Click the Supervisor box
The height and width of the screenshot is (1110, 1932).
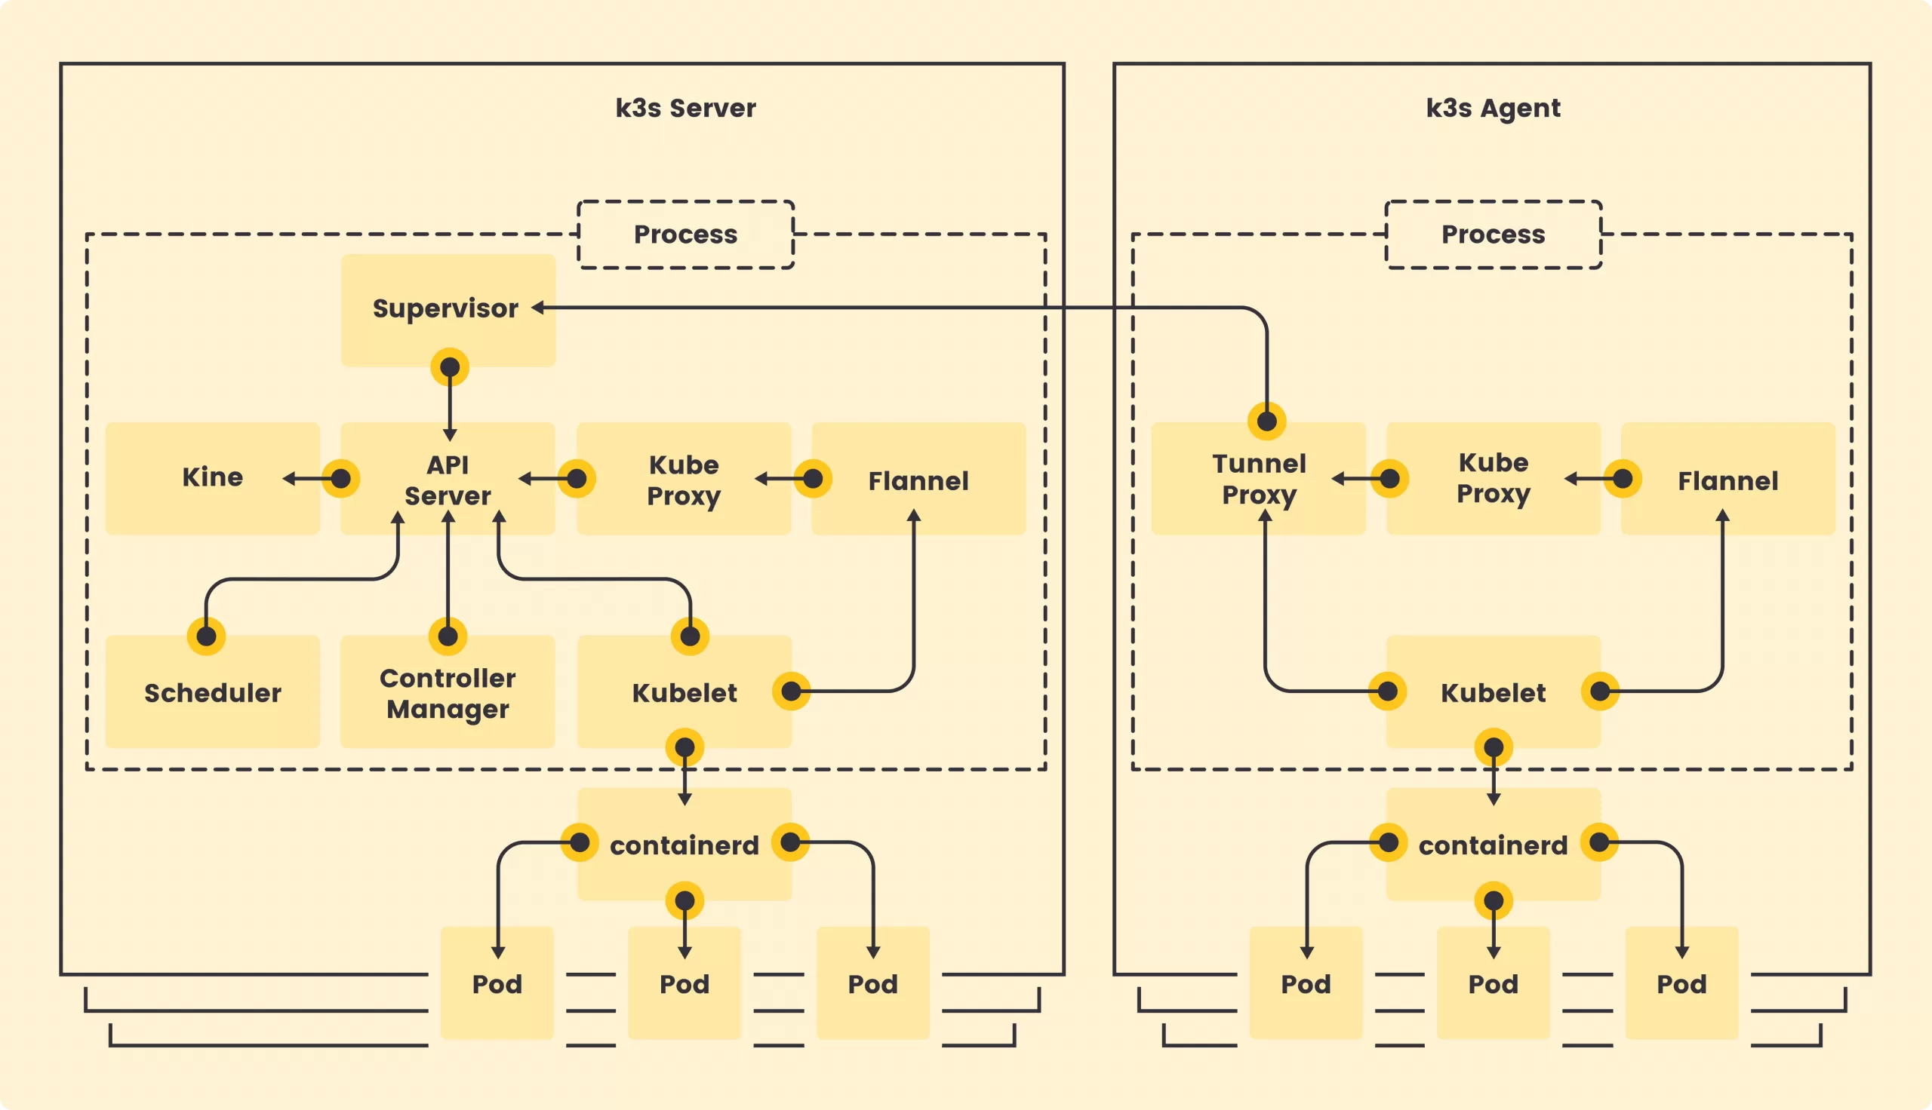tap(448, 308)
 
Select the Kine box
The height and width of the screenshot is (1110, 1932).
tap(212, 478)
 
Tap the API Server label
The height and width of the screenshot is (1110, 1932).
tap(448, 480)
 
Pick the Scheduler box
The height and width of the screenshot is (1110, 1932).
tap(212, 692)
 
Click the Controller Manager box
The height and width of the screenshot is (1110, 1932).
tap(448, 692)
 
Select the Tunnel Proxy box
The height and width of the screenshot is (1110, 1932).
tap(1259, 479)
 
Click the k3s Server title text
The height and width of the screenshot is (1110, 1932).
tap(685, 109)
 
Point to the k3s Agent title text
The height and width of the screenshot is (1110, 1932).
tap(1493, 109)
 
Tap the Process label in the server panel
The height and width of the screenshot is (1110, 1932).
tap(685, 234)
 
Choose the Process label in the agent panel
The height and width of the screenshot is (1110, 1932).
tap(1493, 234)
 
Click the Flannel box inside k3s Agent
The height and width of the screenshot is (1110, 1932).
tap(1727, 480)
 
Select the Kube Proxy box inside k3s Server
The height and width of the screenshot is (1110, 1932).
tap(684, 480)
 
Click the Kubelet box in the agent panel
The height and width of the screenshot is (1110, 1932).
tap(1493, 692)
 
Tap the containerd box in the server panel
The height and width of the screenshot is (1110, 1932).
tap(685, 845)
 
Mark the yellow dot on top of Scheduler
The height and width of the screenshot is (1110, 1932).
tap(206, 636)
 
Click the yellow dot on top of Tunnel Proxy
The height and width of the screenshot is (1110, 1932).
tap(1267, 421)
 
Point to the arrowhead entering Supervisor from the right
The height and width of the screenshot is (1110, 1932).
tap(537, 307)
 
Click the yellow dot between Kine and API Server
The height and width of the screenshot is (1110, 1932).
tap(341, 479)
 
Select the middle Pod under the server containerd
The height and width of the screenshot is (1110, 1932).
tap(685, 983)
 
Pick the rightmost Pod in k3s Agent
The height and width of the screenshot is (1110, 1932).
tap(1681, 983)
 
